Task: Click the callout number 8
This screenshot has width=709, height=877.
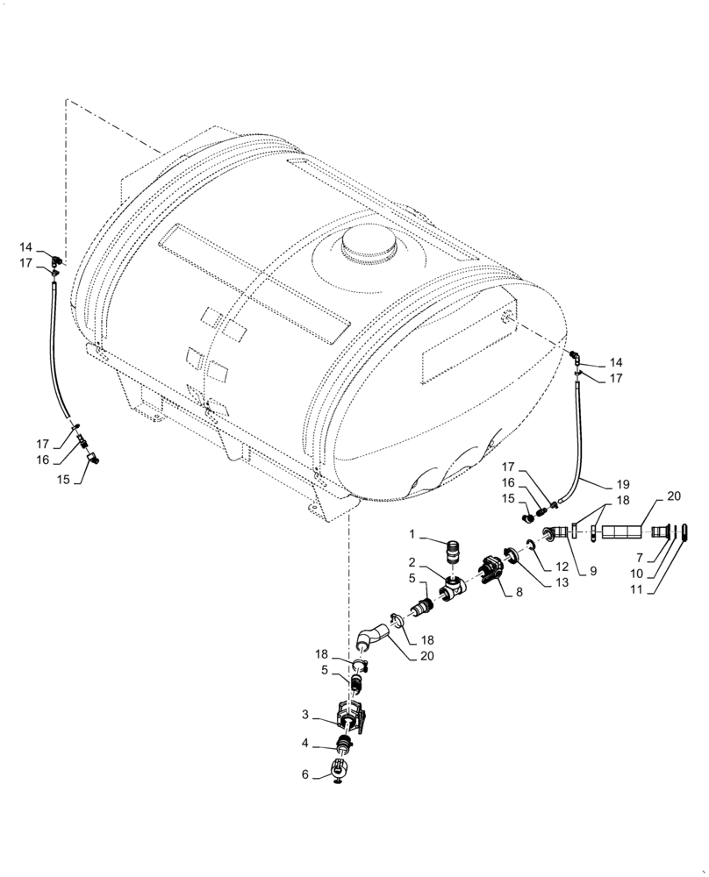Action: (519, 593)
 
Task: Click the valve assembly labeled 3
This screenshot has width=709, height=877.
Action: (353, 715)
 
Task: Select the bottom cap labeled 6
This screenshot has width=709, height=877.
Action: (339, 772)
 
